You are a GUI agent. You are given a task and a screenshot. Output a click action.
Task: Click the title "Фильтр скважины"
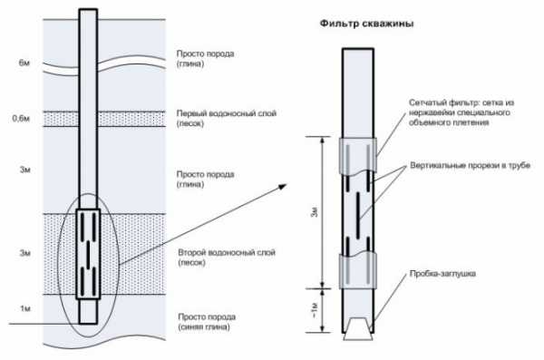coord(366,24)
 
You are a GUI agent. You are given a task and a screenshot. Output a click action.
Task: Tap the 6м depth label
coord(24,63)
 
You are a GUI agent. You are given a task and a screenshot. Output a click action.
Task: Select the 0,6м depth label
coord(21,119)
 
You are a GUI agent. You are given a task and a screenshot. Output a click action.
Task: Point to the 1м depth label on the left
coord(25,308)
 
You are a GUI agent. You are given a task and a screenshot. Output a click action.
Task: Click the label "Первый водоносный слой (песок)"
coord(226,119)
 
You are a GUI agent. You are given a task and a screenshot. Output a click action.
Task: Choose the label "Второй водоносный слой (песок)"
coord(227,258)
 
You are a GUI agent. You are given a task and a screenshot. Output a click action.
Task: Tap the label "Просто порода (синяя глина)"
coord(207,322)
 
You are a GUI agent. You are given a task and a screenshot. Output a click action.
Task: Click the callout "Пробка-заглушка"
coord(442,274)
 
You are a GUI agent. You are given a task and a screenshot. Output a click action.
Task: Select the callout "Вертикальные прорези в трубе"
coord(470,165)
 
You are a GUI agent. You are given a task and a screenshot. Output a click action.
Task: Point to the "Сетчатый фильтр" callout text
coord(461,112)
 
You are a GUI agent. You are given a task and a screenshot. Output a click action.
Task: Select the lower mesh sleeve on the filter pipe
coord(358,271)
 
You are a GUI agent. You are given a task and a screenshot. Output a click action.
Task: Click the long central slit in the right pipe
coord(358,215)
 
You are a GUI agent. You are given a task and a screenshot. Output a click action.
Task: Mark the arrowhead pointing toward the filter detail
coord(282,187)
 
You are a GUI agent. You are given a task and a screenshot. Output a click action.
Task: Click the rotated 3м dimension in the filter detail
coord(315,212)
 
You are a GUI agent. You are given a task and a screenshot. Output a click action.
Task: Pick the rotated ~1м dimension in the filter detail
coord(315,310)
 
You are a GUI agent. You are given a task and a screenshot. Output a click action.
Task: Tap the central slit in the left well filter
coord(88,254)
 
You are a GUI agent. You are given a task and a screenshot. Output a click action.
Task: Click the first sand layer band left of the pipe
coord(61,119)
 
